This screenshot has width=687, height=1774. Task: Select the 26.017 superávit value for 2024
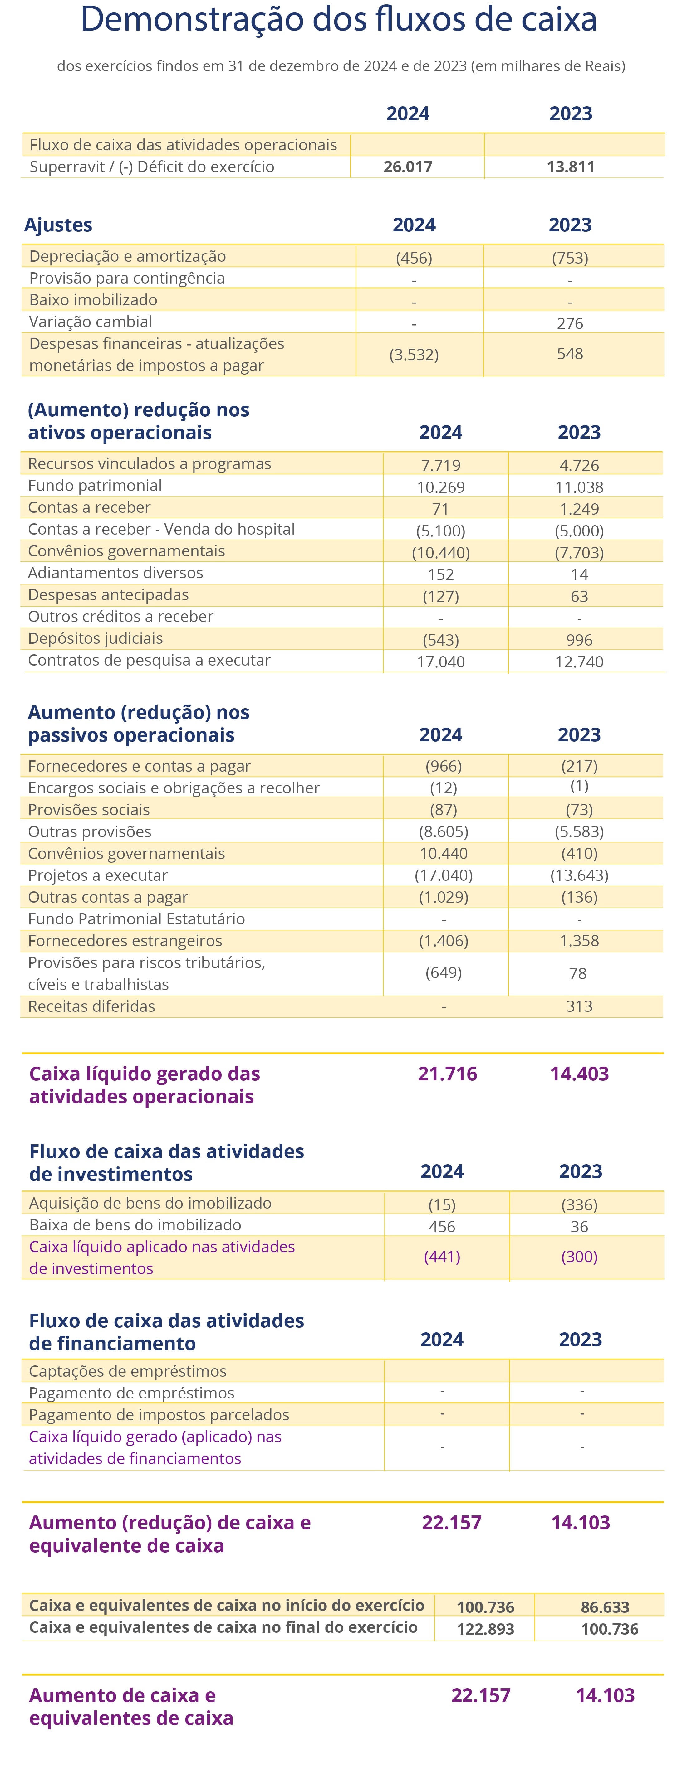click(x=408, y=167)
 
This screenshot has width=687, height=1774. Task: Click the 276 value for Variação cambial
click(x=570, y=323)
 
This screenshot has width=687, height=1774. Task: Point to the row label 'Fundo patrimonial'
click(x=95, y=486)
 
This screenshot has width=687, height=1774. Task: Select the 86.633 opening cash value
click(x=605, y=1607)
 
